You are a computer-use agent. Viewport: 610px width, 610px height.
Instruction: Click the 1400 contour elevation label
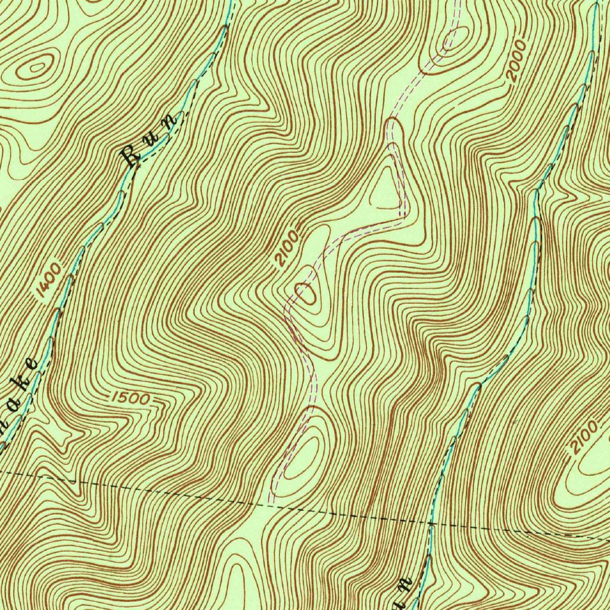(x=48, y=279)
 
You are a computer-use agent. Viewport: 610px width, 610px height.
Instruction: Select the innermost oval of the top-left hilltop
(x=37, y=67)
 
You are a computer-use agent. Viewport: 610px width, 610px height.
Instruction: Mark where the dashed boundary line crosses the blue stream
(x=431, y=524)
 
